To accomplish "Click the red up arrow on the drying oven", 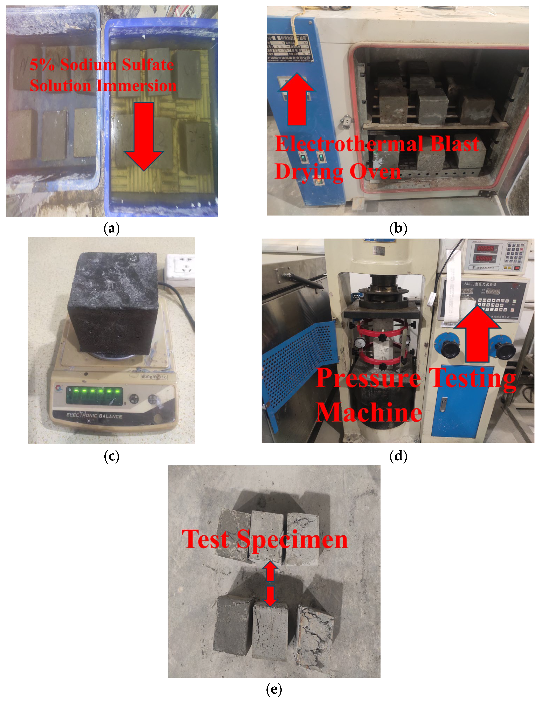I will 296,100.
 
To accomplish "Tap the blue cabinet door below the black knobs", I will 462,401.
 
